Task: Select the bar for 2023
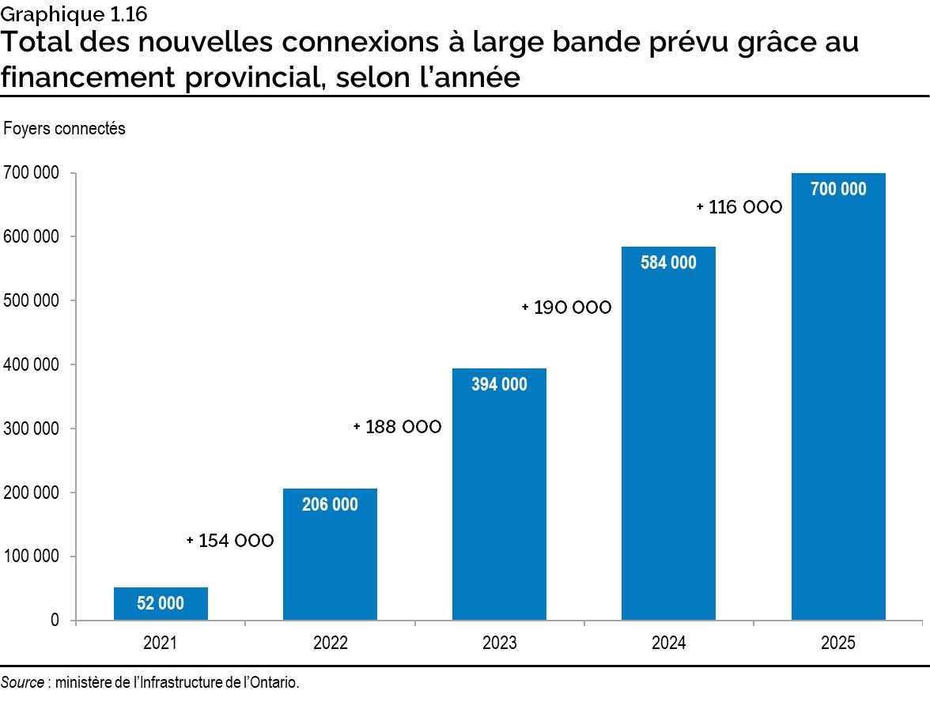499,494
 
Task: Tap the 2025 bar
838,395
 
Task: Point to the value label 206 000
330,504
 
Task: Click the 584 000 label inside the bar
668,263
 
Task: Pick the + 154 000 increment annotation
231,541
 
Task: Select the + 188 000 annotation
398,427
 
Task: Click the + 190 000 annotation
567,308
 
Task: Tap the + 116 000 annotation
739,207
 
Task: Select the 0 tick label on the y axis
55,621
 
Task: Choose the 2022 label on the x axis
330,643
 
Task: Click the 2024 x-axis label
668,643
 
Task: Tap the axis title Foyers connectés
65,128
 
